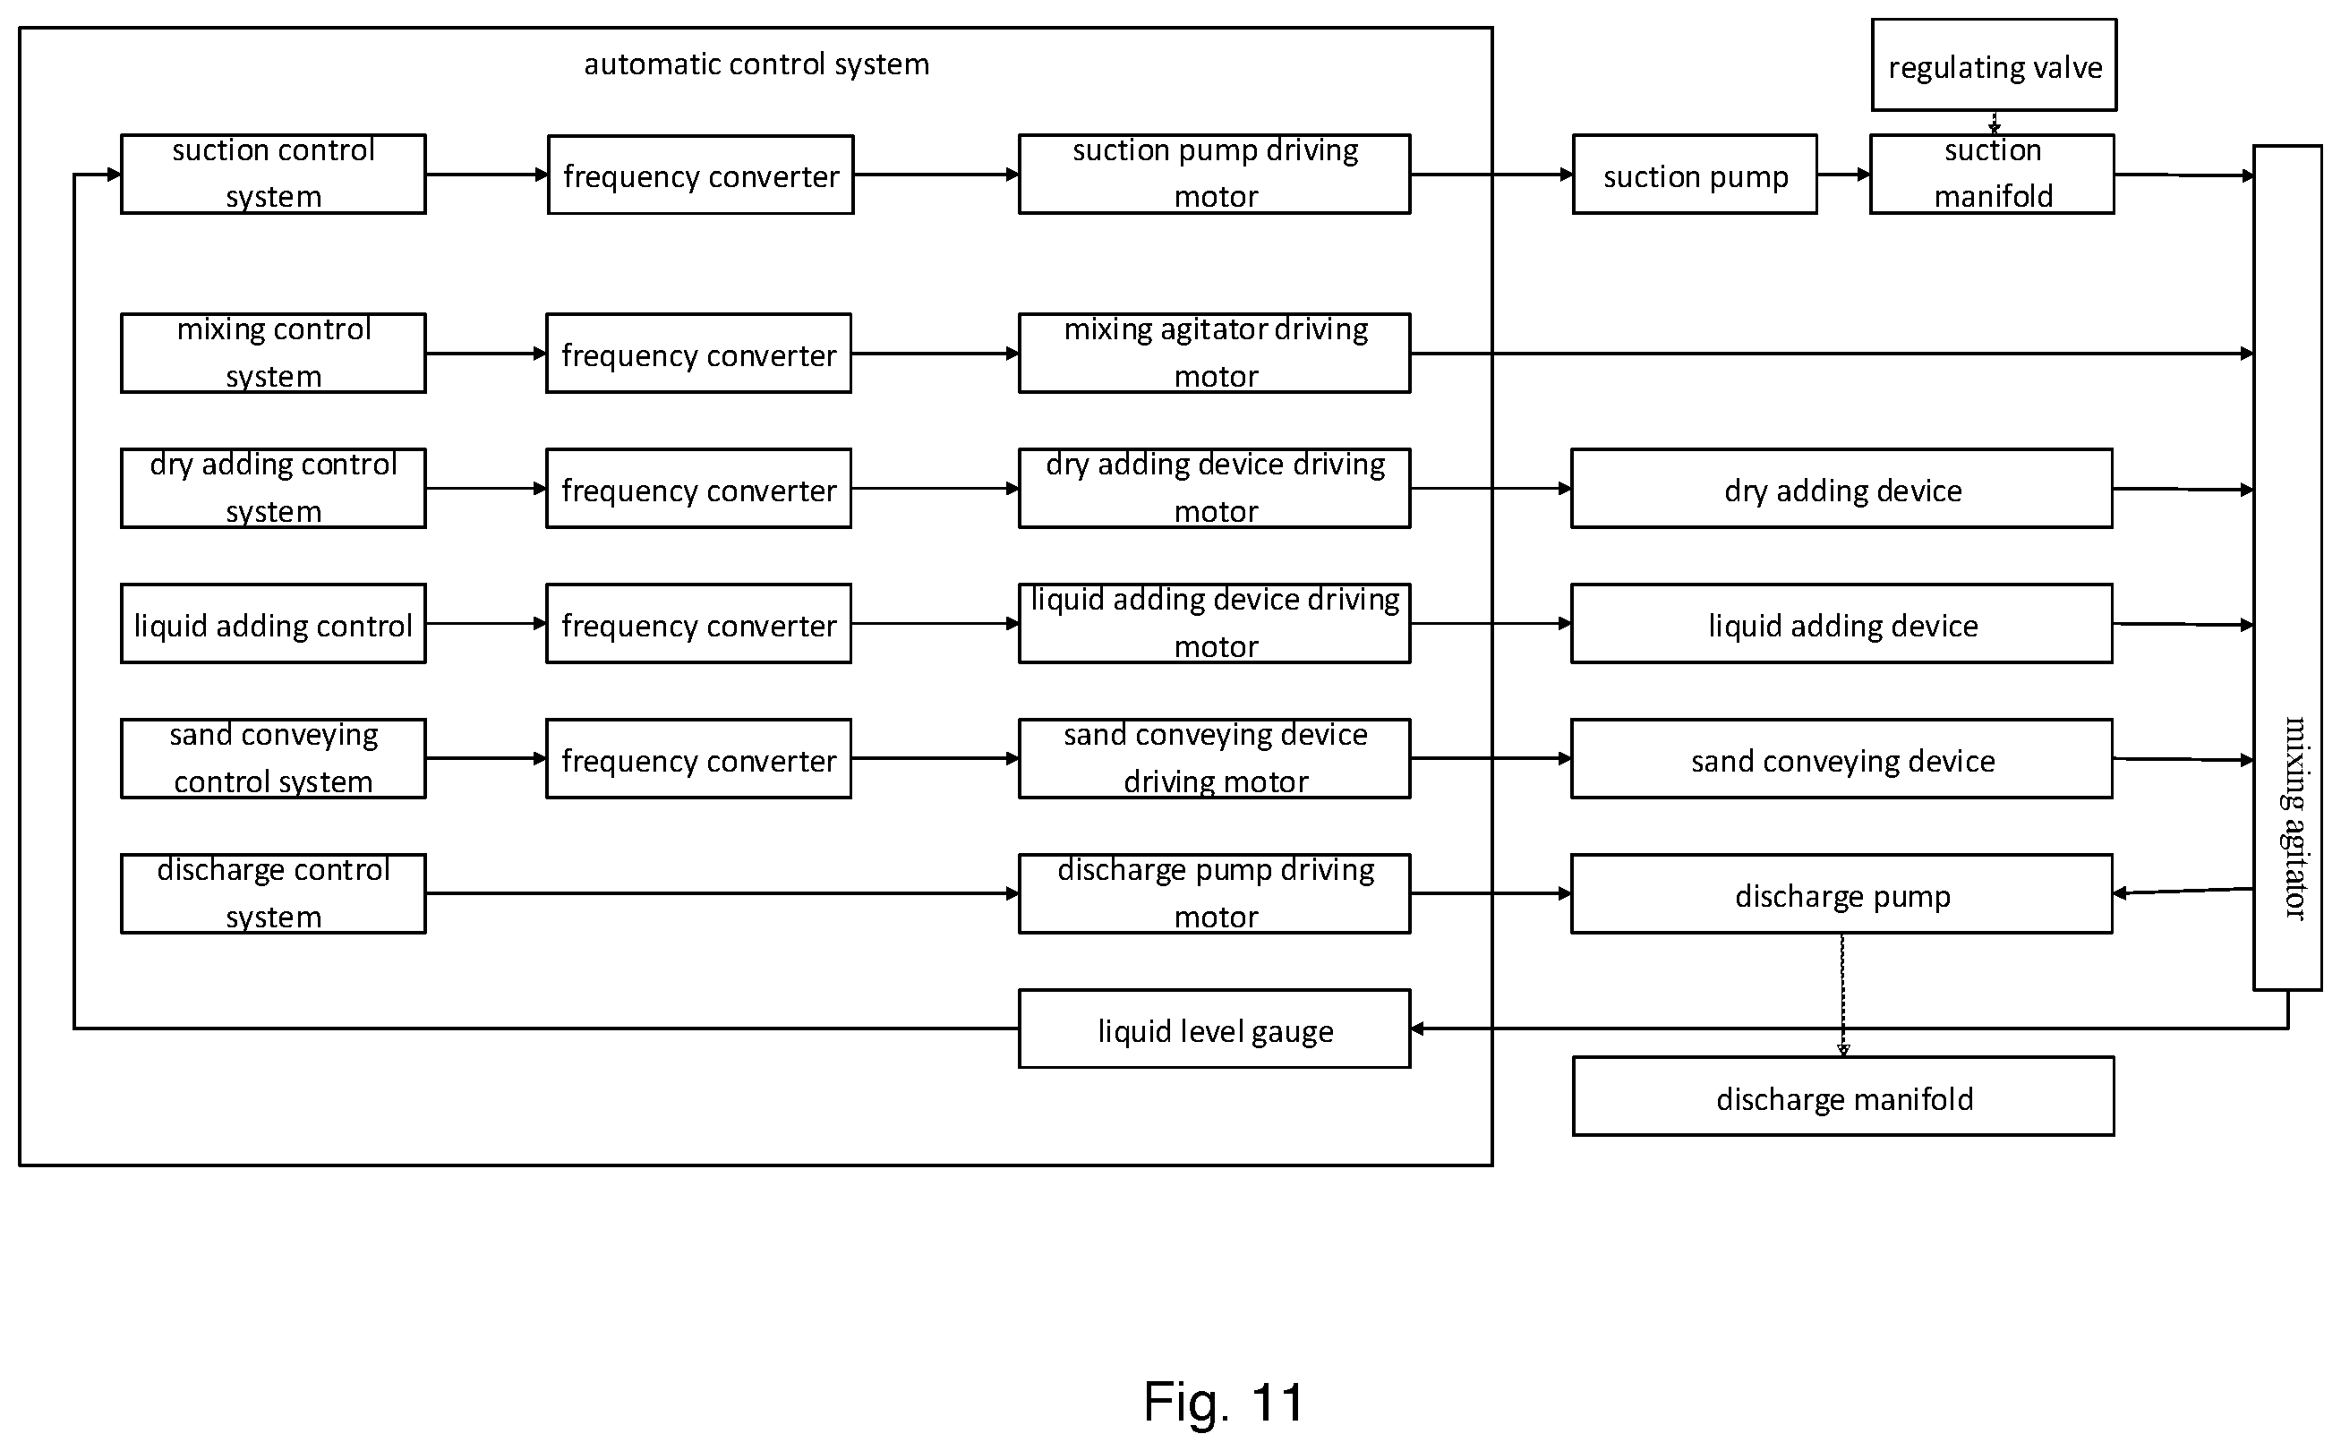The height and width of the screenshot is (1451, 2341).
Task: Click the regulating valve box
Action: click(1994, 65)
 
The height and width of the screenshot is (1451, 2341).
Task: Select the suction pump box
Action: click(1694, 175)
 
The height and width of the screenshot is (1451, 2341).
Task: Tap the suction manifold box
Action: click(1992, 175)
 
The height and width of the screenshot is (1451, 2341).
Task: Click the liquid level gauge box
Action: click(1214, 1029)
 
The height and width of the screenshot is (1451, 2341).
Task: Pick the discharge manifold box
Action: click(1843, 1097)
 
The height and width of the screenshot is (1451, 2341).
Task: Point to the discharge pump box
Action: click(1841, 894)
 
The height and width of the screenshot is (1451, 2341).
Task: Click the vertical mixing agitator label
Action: click(2293, 817)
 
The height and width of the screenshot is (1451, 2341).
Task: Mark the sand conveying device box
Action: click(1841, 759)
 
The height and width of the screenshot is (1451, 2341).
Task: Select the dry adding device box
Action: click(1841, 489)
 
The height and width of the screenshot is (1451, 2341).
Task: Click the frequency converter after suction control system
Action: click(701, 175)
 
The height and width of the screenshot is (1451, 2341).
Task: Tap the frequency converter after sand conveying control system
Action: click(699, 759)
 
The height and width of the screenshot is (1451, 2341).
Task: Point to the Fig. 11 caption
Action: click(1224, 1402)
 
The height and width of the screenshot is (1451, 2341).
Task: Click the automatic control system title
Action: click(756, 64)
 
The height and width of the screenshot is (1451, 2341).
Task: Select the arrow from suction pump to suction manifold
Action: click(1844, 175)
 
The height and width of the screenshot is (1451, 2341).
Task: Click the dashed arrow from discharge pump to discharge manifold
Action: click(1843, 995)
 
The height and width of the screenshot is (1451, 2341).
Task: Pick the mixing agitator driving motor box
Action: click(1214, 354)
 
